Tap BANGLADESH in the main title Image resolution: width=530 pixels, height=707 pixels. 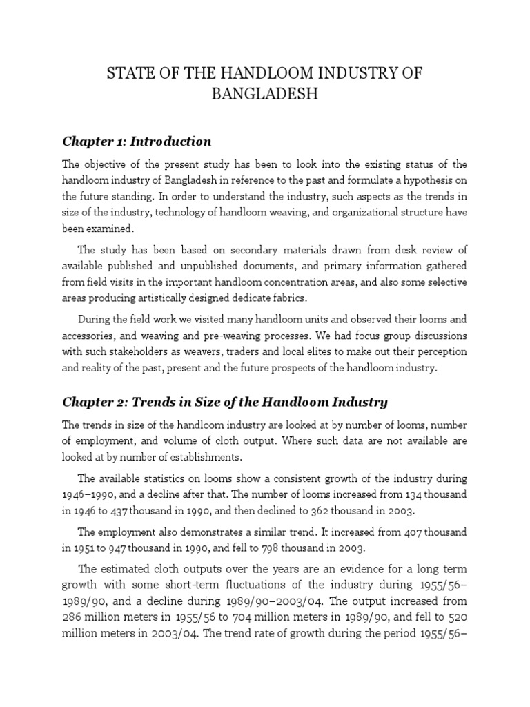264,94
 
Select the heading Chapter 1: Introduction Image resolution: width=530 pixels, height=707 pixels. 137,142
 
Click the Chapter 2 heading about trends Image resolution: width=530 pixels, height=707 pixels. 225,402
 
